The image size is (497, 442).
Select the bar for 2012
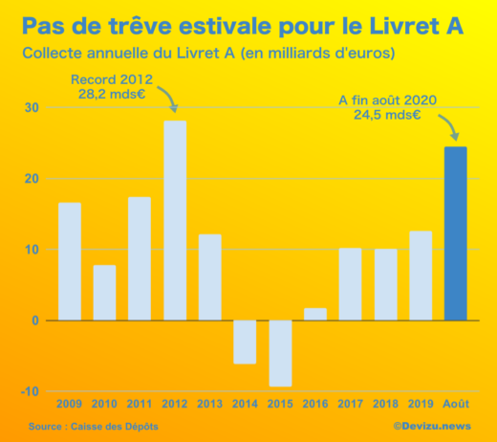pos(175,220)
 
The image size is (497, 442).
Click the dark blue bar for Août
pos(456,233)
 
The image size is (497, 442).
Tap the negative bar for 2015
pos(280,353)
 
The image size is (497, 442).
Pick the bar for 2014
pos(245,342)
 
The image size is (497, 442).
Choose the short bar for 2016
pos(315,314)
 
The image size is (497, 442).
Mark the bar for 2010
pos(104,293)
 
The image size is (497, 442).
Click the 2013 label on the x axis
pos(209,403)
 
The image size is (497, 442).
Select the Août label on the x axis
pos(456,403)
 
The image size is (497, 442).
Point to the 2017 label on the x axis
pos(350,403)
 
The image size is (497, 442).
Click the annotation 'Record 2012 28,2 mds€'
pos(112,87)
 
